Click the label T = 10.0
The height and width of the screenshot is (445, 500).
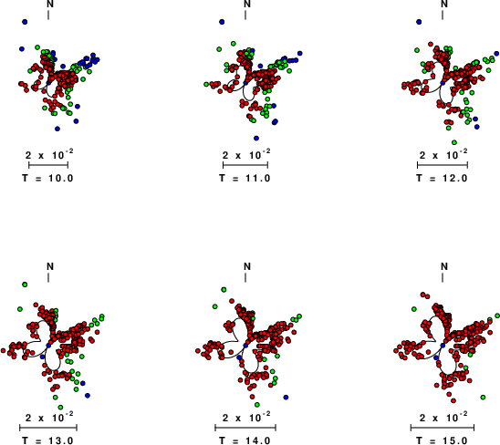[x=47, y=178]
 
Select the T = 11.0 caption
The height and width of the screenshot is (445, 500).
[x=245, y=178]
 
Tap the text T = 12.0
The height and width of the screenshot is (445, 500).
[x=442, y=178]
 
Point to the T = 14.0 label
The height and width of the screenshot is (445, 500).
[x=245, y=440]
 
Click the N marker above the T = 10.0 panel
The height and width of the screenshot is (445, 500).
[x=50, y=5]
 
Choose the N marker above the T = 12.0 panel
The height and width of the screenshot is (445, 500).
[x=443, y=5]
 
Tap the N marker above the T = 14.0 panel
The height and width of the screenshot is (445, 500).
[x=247, y=266]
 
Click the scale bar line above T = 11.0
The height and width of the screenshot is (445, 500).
[x=245, y=165]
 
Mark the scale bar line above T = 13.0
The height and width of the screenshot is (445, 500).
[x=48, y=428]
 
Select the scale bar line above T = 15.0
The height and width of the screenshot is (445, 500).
[x=443, y=428]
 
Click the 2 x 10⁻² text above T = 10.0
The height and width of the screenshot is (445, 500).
[x=49, y=155]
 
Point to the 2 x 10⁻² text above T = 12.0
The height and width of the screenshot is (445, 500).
[x=443, y=155]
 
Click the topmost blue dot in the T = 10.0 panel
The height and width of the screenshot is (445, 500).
[x=25, y=22]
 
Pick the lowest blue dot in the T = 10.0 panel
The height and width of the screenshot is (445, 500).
[x=57, y=129]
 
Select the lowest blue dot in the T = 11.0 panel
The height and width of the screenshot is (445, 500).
[x=256, y=138]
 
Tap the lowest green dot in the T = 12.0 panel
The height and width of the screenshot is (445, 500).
[x=454, y=142]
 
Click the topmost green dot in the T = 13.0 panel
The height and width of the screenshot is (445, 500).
[x=25, y=285]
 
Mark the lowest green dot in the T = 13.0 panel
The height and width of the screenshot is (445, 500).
[x=60, y=407]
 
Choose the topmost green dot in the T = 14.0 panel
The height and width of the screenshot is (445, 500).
[x=224, y=289]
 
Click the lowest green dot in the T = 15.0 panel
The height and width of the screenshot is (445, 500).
[x=483, y=398]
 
